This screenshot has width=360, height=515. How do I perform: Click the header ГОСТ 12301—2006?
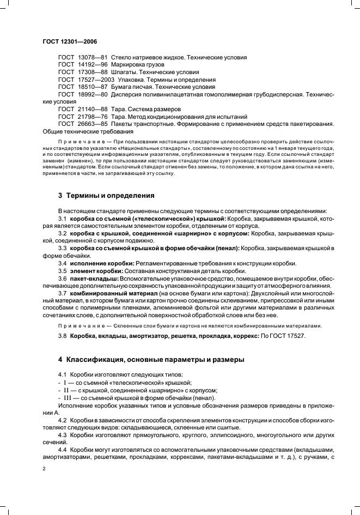[x=69, y=41]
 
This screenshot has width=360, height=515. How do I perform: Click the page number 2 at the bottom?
[x=44, y=468]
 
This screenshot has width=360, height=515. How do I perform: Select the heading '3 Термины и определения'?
[x=106, y=195]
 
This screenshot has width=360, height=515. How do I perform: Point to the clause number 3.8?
[x=63, y=336]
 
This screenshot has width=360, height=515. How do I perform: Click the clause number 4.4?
[x=63, y=450]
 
